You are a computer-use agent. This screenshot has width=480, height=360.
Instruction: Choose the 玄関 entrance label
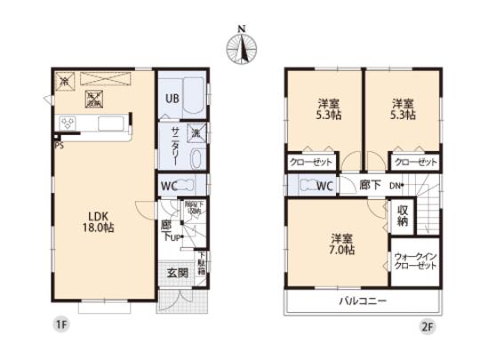(x=176, y=272)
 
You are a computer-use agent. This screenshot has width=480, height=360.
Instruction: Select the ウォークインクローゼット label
(x=414, y=262)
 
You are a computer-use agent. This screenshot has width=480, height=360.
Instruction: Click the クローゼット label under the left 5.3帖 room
(x=311, y=162)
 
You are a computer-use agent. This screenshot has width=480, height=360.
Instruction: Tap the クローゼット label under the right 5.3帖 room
(x=415, y=162)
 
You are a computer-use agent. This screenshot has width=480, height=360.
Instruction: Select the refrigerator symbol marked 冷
(x=64, y=81)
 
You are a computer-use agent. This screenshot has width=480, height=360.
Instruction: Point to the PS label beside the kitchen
(x=59, y=145)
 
